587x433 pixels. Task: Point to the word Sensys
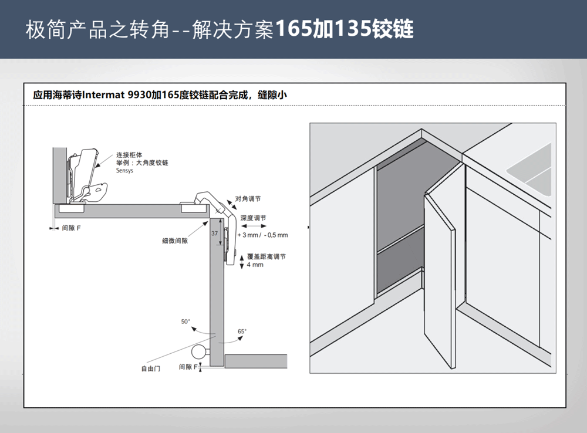(124, 171)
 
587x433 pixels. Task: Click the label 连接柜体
(129, 155)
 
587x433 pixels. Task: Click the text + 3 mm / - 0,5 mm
(262, 235)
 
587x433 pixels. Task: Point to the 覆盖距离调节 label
(266, 257)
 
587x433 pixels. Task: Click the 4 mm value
(255, 265)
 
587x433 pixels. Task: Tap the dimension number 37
(214, 233)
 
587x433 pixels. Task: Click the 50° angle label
(185, 322)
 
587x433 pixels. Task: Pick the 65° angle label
(242, 331)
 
